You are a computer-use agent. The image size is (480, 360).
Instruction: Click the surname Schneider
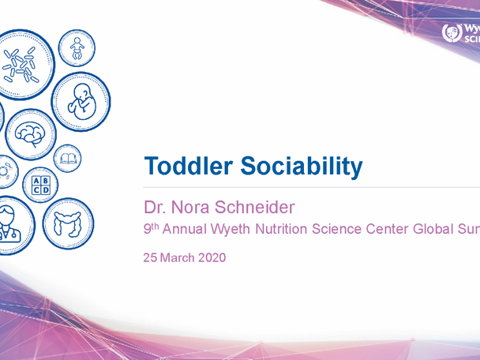click(257, 208)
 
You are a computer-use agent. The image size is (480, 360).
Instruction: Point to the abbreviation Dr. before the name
click(156, 208)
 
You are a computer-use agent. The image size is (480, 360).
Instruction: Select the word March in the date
click(177, 257)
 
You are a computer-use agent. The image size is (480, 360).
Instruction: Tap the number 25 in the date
click(150, 257)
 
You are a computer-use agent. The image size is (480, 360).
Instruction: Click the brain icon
click(31, 132)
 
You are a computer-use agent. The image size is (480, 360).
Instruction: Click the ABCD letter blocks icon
click(39, 186)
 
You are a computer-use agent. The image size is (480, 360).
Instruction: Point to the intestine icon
click(68, 224)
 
